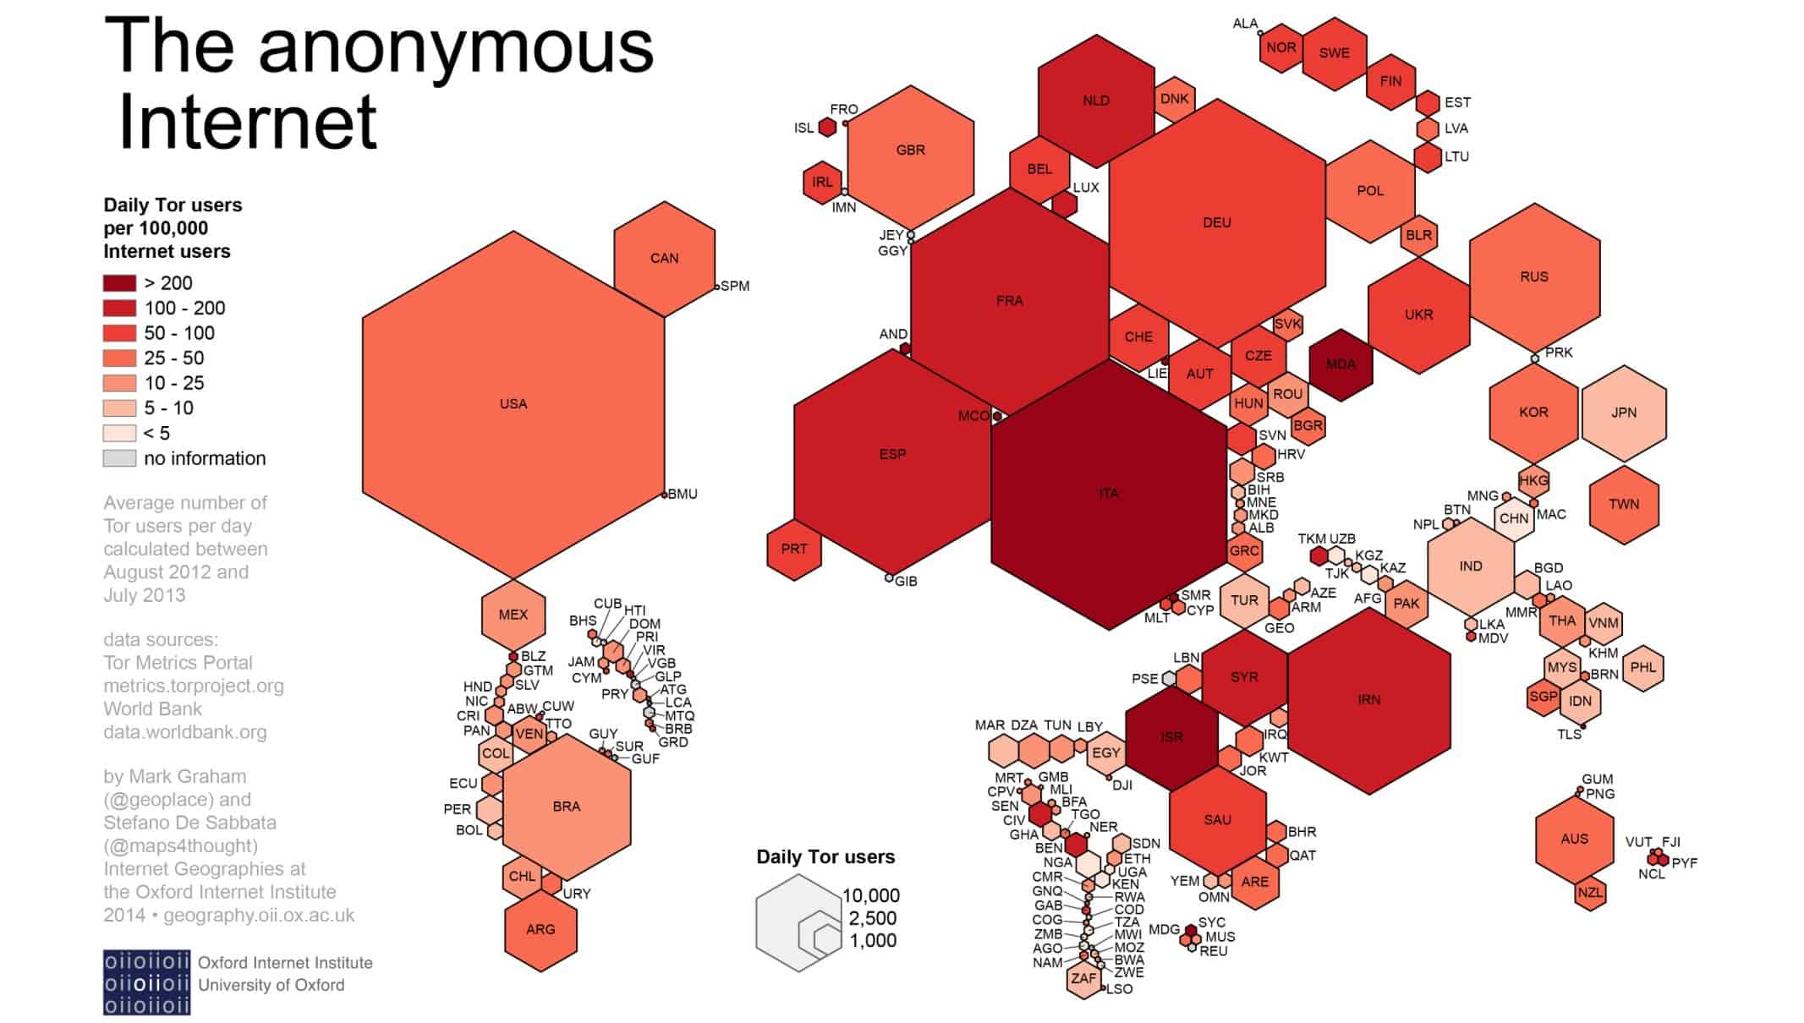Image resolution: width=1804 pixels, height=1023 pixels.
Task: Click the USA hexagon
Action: pyautogui.click(x=513, y=404)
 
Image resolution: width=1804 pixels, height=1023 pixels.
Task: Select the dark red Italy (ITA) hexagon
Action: pyautogui.click(x=1109, y=494)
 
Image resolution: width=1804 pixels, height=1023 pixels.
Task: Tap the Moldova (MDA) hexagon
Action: pyautogui.click(x=1341, y=364)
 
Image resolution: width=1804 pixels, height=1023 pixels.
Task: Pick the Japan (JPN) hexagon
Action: pyautogui.click(x=1624, y=413)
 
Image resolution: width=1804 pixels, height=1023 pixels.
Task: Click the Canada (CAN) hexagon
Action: pyautogui.click(x=665, y=259)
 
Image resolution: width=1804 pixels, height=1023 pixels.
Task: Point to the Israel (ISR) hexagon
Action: pyautogui.click(x=1171, y=737)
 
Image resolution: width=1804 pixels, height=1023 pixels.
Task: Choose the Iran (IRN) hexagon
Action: pyautogui.click(x=1369, y=700)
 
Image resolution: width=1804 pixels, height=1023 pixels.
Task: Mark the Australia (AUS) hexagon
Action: pyautogui.click(x=1574, y=839)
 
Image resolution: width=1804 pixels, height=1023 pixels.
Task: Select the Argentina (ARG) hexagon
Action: pyautogui.click(x=540, y=930)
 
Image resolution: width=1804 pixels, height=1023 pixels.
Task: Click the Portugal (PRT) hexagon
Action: pyautogui.click(x=793, y=550)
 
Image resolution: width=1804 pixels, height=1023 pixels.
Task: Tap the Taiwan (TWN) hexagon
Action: pyautogui.click(x=1624, y=504)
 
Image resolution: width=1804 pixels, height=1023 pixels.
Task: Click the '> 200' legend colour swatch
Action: pyautogui.click(x=119, y=283)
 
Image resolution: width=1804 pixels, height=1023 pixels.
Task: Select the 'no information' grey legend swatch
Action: pyautogui.click(x=119, y=458)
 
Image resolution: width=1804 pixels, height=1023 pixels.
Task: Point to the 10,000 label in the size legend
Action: pyautogui.click(x=871, y=895)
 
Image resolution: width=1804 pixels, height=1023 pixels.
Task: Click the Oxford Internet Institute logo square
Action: pyautogui.click(x=146, y=982)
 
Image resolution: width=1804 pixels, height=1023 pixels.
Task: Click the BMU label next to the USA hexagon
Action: pyautogui.click(x=683, y=494)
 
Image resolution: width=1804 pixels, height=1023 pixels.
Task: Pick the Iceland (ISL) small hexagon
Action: pyautogui.click(x=827, y=128)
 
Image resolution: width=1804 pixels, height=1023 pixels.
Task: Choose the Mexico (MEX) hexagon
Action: pyautogui.click(x=513, y=615)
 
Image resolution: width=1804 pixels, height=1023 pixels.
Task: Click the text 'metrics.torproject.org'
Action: pyautogui.click(x=194, y=686)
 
